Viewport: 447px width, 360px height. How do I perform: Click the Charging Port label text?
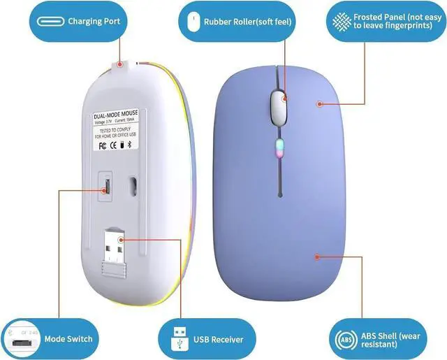[x=94, y=22]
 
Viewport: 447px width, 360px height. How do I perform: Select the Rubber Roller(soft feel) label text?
[x=247, y=22]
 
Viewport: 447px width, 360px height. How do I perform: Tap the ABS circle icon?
[x=345, y=339]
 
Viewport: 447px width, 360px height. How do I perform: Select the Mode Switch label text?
[x=68, y=339]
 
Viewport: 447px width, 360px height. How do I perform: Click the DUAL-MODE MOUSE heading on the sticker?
[x=116, y=115]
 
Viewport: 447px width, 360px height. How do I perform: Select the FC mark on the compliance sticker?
[x=103, y=146]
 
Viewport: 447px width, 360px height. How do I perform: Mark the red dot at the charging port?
[x=119, y=64]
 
